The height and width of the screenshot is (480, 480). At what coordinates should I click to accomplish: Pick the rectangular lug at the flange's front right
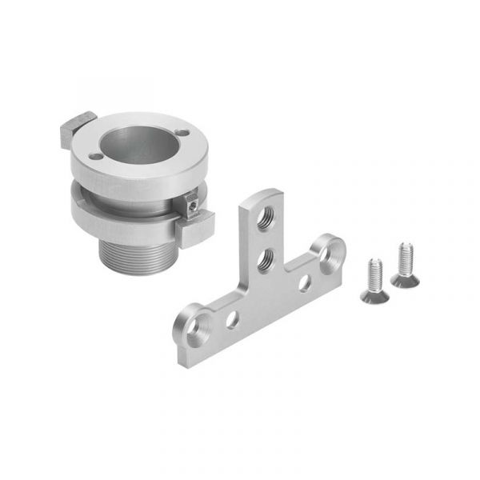click(x=195, y=230)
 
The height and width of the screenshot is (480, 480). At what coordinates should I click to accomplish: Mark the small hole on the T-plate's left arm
click(x=232, y=320)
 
